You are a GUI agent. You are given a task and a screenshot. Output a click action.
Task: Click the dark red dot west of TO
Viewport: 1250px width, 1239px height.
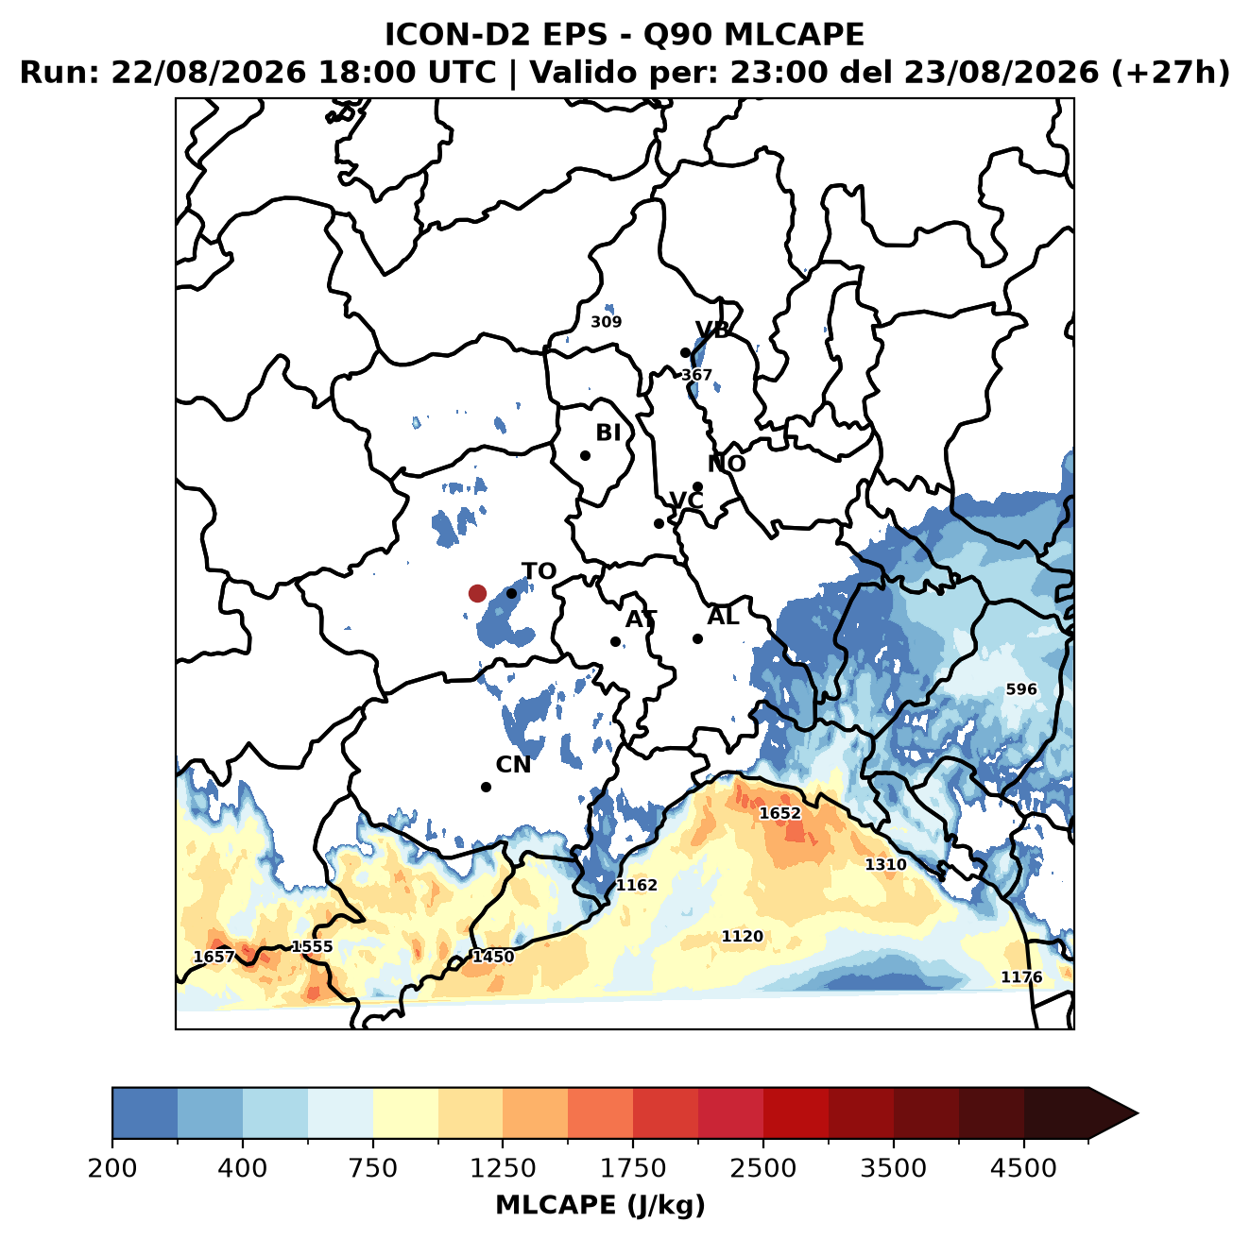tap(477, 593)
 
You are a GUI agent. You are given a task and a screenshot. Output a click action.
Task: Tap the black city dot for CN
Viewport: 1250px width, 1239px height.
tap(486, 787)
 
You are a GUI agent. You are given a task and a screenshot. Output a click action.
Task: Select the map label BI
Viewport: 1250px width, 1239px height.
tap(608, 433)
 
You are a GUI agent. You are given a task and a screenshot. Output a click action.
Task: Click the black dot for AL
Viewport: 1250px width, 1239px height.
tap(697, 638)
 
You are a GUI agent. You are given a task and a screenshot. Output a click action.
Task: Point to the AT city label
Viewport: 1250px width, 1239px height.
tap(641, 619)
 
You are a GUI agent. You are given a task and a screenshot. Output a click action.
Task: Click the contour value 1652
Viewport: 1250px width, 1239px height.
tap(779, 813)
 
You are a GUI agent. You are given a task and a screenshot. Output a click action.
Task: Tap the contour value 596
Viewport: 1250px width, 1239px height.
tap(1021, 689)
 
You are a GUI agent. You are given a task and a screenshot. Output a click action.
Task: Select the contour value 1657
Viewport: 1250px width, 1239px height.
tap(214, 957)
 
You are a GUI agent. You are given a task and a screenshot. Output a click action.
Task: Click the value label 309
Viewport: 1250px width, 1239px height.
tap(606, 322)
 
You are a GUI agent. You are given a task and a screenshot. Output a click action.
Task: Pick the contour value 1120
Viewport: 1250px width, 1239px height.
tap(742, 936)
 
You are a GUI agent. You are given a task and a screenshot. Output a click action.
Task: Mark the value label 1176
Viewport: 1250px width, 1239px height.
tap(1021, 977)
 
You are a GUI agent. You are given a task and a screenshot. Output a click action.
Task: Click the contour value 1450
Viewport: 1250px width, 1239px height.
tap(493, 957)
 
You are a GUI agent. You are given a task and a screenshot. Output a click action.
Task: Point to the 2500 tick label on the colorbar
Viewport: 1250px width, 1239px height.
tap(762, 1168)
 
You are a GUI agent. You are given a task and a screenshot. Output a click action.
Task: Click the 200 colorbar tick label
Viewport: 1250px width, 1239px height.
tap(112, 1168)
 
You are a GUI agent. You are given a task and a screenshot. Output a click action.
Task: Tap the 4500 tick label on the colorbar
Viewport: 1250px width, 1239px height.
tap(1023, 1168)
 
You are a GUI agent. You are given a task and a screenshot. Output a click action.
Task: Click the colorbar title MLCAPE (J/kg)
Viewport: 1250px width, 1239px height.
tap(600, 1205)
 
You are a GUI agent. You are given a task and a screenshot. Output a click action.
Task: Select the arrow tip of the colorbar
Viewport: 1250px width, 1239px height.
tap(1138, 1114)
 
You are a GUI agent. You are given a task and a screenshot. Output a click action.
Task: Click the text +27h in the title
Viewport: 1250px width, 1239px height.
tap(1171, 73)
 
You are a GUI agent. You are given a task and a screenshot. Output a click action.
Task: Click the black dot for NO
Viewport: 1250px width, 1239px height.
tap(697, 486)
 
